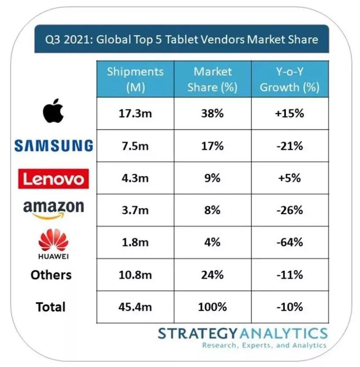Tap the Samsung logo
[54, 145]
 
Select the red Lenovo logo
[53, 179]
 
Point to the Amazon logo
[53, 209]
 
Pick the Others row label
[51, 275]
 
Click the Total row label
[51, 307]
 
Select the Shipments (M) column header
[135, 79]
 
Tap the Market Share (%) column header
[212, 79]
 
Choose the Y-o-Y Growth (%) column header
[289, 79]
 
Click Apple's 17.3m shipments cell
[135, 113]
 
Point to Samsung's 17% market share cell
[212, 146]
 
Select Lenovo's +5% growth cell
[289, 178]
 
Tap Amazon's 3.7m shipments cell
[135, 210]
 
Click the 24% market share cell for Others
[212, 275]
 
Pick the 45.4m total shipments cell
[135, 307]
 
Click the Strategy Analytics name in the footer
[242, 333]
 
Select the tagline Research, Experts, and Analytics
[264, 345]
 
